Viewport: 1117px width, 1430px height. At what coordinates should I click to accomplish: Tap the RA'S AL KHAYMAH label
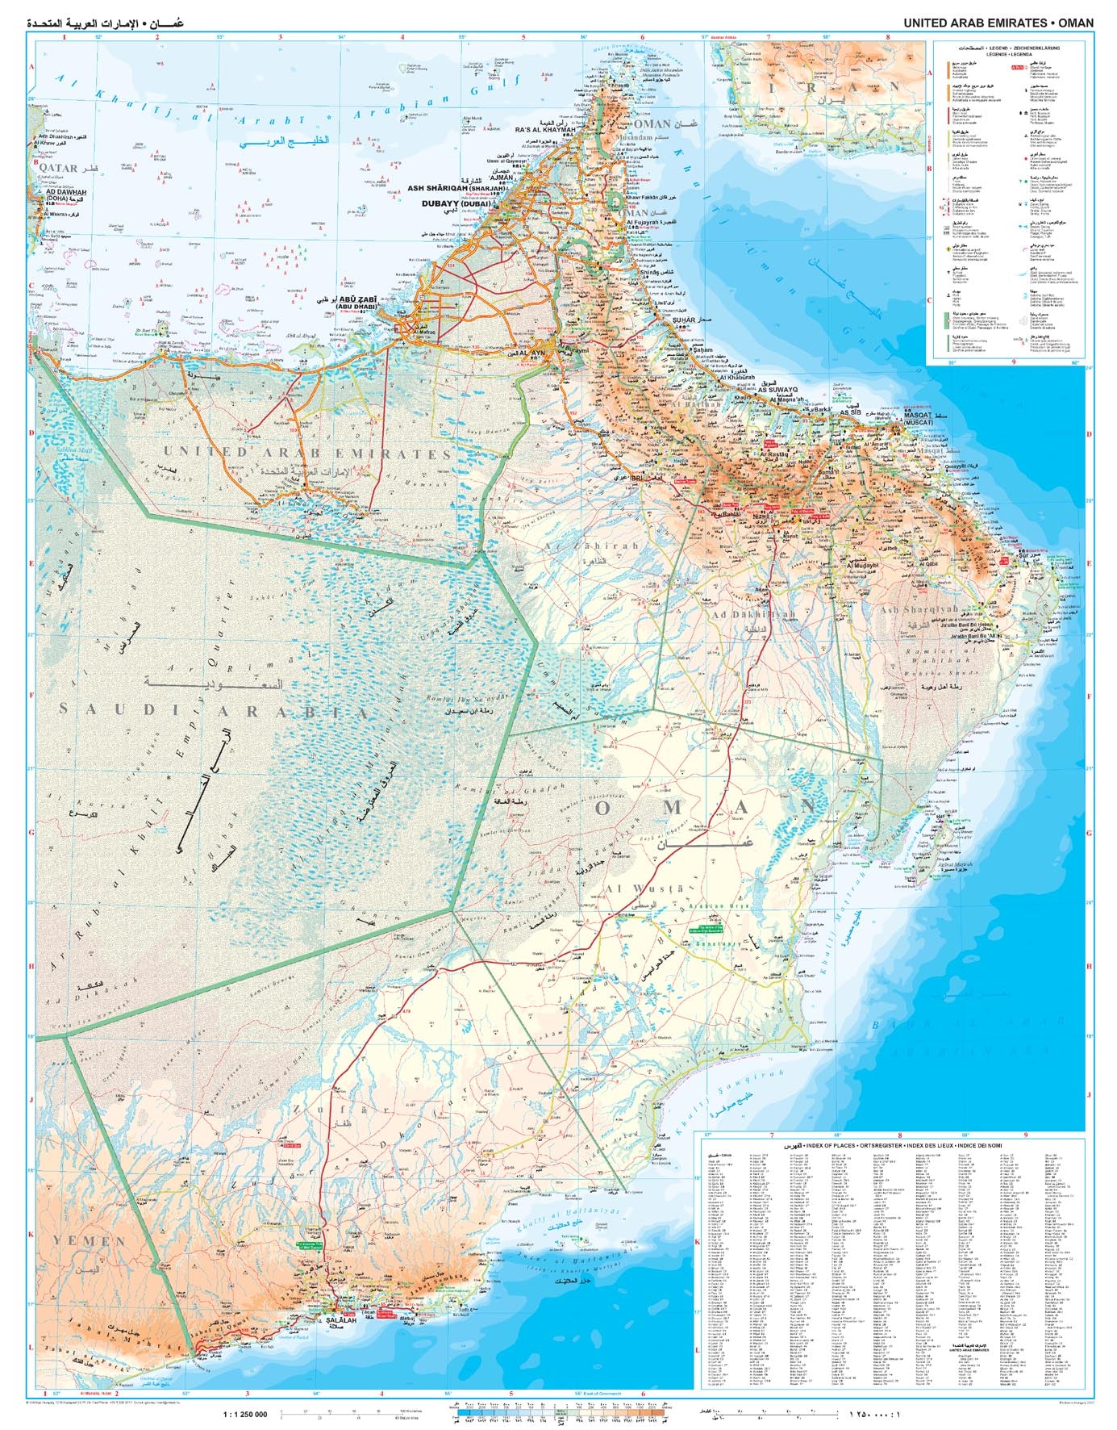click(545, 130)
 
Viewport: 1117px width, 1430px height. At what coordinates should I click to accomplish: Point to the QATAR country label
click(59, 169)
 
